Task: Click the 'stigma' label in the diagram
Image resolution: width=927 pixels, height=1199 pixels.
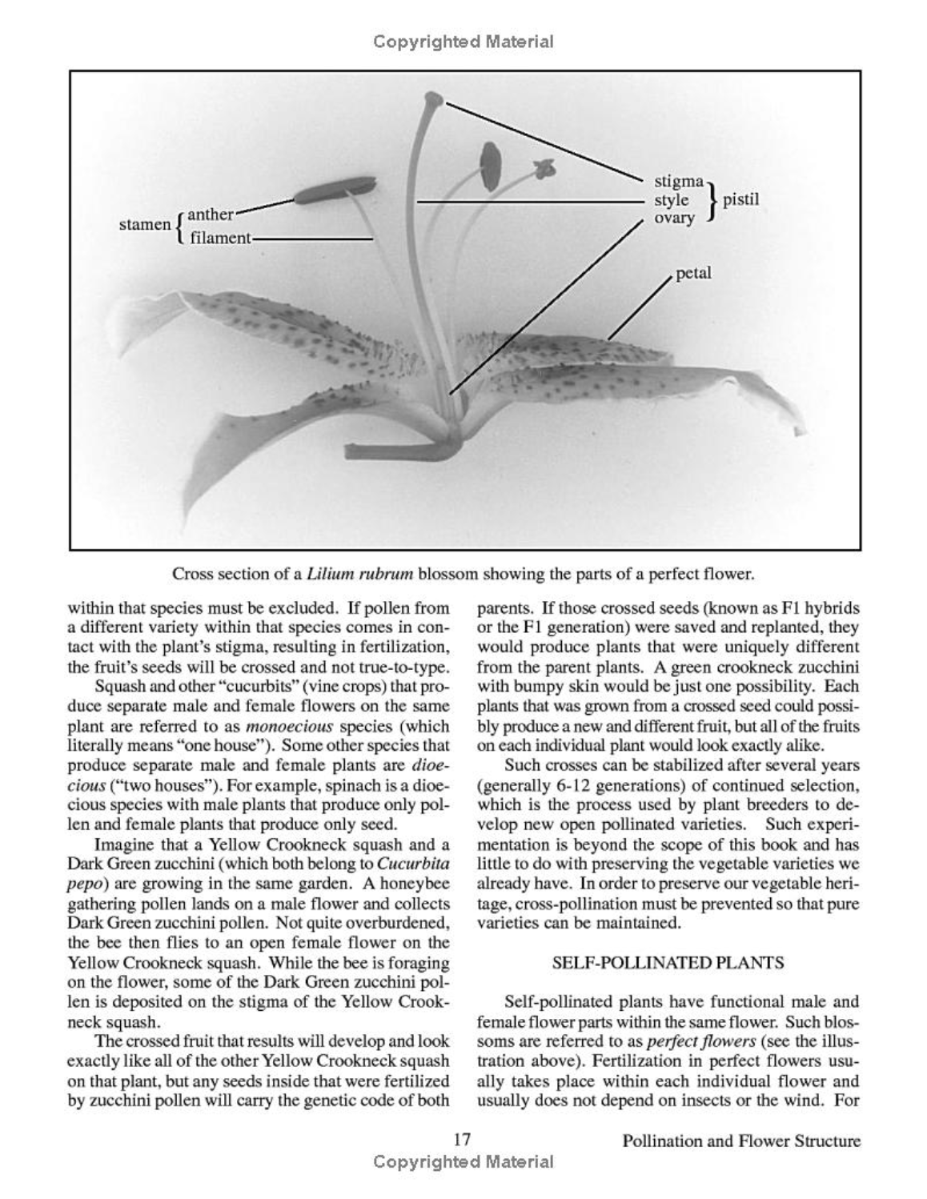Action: [x=678, y=182]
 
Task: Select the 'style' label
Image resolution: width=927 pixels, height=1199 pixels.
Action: [x=671, y=200]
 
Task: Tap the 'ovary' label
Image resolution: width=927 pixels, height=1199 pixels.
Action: [x=674, y=218]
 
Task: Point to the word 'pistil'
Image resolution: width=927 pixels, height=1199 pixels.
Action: [x=740, y=199]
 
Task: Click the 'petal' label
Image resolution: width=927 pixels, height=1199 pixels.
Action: [x=692, y=274]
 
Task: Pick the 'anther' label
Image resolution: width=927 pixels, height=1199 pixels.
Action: [x=211, y=215]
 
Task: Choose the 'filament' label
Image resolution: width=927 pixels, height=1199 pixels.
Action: [x=220, y=238]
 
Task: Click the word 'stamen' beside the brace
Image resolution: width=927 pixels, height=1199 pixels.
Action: [x=145, y=225]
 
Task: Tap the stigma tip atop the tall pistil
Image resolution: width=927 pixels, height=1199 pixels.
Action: [x=432, y=100]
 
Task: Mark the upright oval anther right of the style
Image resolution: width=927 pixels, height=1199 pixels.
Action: [x=490, y=165]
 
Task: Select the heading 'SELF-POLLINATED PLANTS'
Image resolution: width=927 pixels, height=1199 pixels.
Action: [x=668, y=963]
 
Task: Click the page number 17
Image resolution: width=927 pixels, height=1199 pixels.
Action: [x=462, y=1140]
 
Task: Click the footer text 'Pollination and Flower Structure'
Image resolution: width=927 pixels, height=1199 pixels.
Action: [x=741, y=1141]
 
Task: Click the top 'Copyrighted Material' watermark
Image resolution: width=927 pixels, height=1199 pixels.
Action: [x=463, y=42]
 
